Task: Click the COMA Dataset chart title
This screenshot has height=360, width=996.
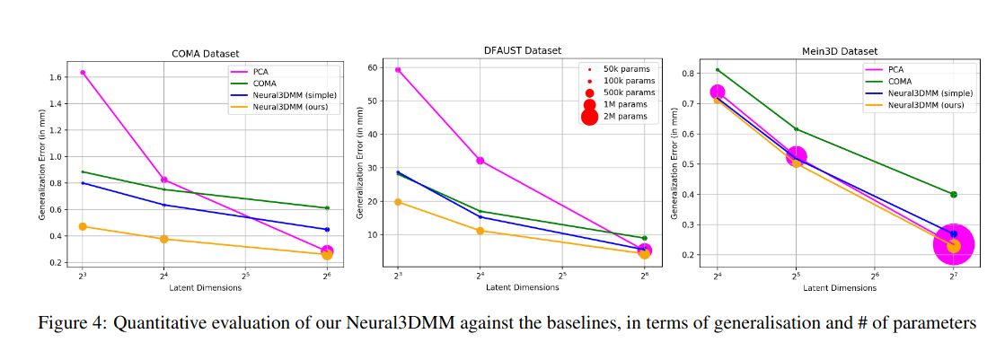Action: [205, 53]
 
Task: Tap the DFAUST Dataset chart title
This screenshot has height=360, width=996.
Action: [520, 49]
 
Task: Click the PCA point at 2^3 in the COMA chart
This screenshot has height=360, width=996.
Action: [83, 73]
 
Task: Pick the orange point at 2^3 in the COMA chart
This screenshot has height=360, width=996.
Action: [83, 226]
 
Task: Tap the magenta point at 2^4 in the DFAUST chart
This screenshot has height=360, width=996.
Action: [480, 161]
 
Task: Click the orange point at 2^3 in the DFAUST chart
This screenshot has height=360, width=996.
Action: [398, 202]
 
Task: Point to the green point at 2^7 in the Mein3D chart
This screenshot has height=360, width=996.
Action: [954, 194]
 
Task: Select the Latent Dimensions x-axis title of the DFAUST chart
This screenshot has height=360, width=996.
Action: [521, 287]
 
